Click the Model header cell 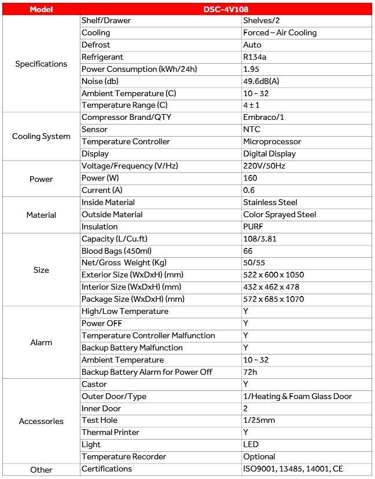click(x=41, y=9)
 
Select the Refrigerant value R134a click(x=256, y=57)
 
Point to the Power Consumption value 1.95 click(x=251, y=69)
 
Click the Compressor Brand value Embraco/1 click(x=264, y=117)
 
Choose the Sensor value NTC click(x=252, y=129)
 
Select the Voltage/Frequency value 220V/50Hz click(x=264, y=166)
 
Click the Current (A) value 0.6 click(x=249, y=190)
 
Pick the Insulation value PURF click(x=253, y=226)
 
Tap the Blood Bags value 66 click(x=248, y=251)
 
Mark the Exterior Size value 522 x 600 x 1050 click(x=273, y=275)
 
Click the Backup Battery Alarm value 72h click(x=249, y=372)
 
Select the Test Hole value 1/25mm click(x=259, y=420)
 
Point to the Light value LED click(x=251, y=444)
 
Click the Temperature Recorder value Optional click(x=259, y=456)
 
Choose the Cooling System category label click(x=41, y=136)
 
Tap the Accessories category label click(x=41, y=421)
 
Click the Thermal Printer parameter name click(x=109, y=432)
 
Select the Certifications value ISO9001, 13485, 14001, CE click(x=297, y=469)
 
